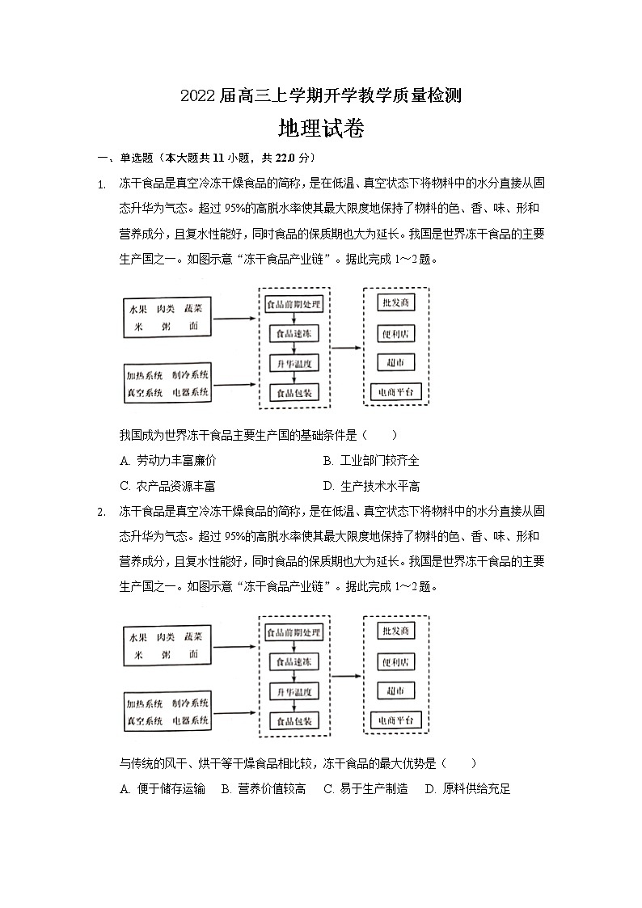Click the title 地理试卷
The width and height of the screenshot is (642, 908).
(320, 129)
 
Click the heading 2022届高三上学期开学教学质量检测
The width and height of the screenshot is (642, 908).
(320, 95)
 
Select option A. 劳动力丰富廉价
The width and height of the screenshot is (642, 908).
(167, 461)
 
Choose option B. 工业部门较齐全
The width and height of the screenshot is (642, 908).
(371, 461)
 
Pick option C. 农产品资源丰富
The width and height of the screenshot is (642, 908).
(167, 486)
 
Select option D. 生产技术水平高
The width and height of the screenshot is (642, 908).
(371, 486)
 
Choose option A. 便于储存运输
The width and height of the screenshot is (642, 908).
(162, 789)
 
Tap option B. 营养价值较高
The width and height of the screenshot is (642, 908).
(264, 789)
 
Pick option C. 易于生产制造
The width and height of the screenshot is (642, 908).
(365, 789)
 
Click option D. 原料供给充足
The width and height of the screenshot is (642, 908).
(468, 789)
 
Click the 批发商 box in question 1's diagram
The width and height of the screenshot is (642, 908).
(395, 302)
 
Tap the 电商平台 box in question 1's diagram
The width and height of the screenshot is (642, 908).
(395, 392)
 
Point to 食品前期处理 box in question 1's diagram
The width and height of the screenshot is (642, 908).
(294, 305)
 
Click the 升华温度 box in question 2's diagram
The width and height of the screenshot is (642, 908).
(294, 692)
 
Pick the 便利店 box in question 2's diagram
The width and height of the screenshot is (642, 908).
(395, 662)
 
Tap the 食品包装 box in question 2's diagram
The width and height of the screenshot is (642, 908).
(294, 721)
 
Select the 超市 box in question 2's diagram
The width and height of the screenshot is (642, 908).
(395, 691)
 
